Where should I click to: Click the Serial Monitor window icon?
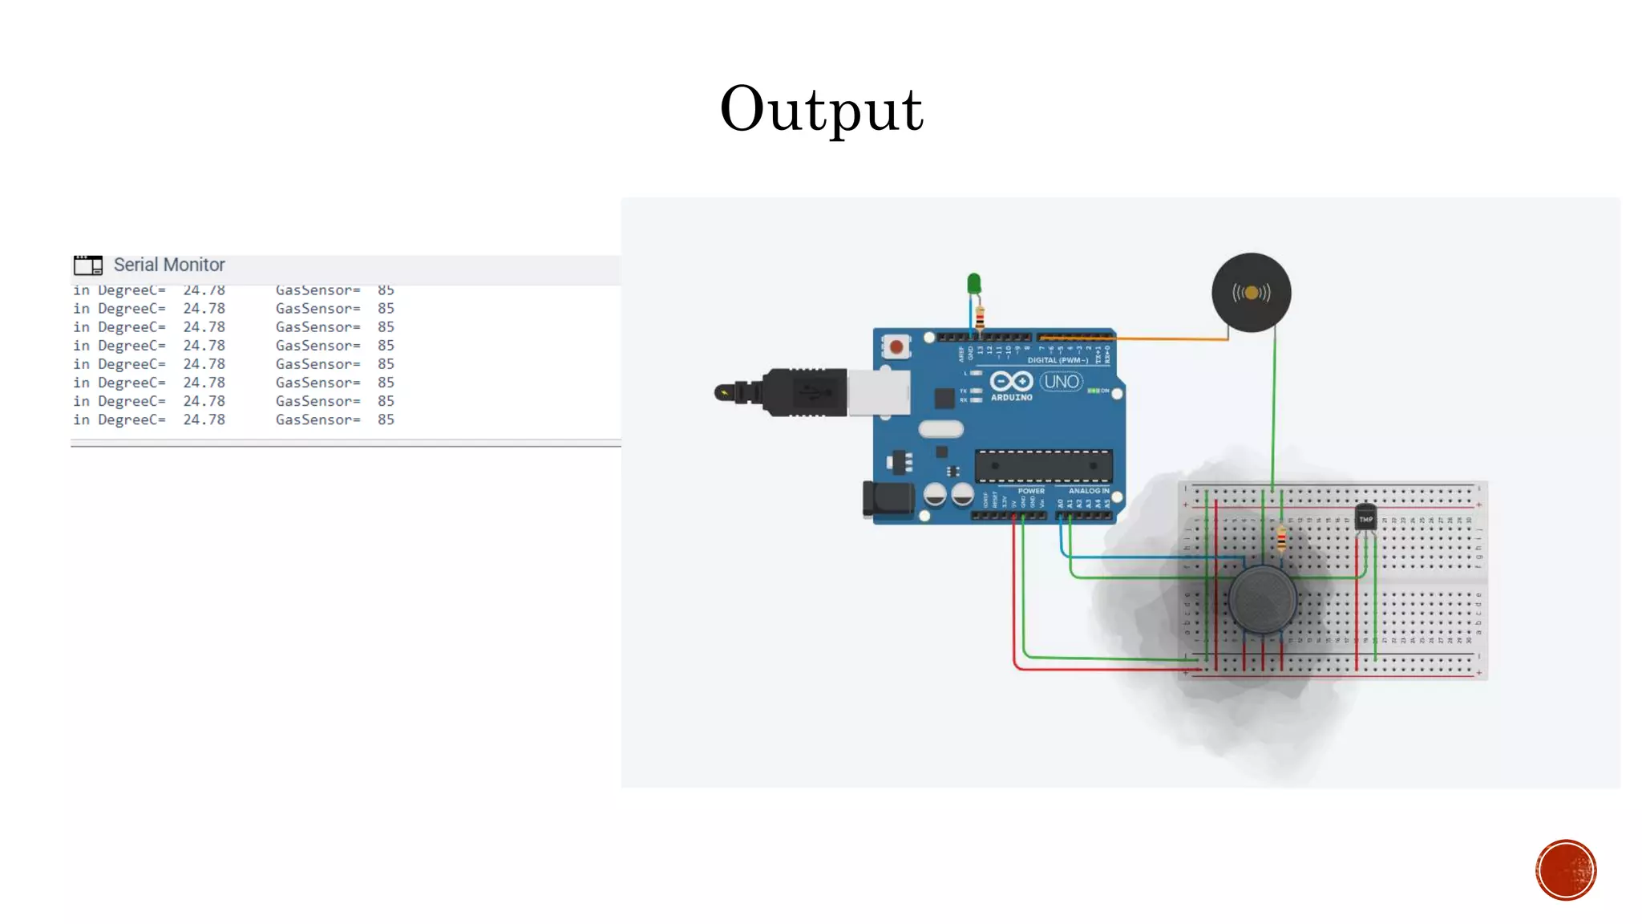[x=88, y=265]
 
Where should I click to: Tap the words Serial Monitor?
[x=169, y=265]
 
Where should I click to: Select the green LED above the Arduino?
[x=973, y=284]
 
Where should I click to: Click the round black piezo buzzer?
[x=1251, y=293]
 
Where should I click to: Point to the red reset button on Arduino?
[x=896, y=347]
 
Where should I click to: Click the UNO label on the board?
[x=1062, y=382]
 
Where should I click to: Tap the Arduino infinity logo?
[x=1011, y=381]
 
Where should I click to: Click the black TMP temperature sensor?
[x=1365, y=517]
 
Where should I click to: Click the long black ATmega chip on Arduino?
[x=1043, y=466]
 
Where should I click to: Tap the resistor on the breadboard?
[x=1281, y=539]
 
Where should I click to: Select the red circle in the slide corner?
[x=1565, y=870]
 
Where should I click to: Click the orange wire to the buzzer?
[x=1171, y=339]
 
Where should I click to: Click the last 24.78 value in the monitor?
[x=204, y=419]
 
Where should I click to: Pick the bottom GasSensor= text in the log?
[x=317, y=419]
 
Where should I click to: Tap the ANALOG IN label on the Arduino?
[x=1089, y=490]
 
